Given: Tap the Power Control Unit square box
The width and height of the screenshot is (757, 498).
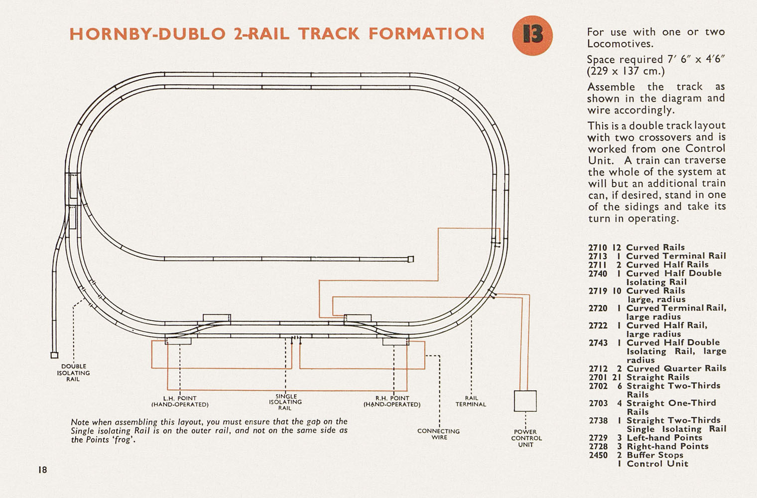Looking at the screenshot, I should pyautogui.click(x=525, y=401).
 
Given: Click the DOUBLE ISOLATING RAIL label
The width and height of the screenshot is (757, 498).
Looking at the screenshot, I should pyautogui.click(x=73, y=373).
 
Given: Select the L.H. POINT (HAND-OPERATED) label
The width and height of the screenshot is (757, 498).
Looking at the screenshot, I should pyautogui.click(x=180, y=401).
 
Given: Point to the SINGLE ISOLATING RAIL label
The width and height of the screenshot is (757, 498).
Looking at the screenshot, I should pyautogui.click(x=285, y=402).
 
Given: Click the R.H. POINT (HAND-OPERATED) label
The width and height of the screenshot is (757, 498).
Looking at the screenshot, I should pyautogui.click(x=392, y=401).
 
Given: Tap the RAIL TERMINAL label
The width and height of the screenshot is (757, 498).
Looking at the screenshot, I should pyautogui.click(x=471, y=401).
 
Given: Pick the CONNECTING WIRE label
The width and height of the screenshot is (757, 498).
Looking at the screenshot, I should pyautogui.click(x=439, y=434).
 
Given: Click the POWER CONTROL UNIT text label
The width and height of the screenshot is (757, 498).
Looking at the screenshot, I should pyautogui.click(x=526, y=438).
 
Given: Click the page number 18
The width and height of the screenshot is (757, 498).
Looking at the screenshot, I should pyautogui.click(x=42, y=470).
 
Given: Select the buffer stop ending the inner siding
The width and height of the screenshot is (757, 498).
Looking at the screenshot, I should pyautogui.click(x=411, y=259).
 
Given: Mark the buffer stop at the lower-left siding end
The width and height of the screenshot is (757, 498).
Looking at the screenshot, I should pyautogui.click(x=54, y=355).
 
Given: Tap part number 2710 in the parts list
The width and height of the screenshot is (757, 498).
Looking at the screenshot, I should pyautogui.click(x=598, y=248).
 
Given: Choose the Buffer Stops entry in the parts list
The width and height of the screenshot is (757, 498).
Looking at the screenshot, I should pyautogui.click(x=655, y=455).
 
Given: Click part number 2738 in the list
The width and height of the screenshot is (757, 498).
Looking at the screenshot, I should pyautogui.click(x=598, y=420).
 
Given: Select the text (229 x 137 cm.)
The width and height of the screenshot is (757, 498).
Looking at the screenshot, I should pyautogui.click(x=626, y=71).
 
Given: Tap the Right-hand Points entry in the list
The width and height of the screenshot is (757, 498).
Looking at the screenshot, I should pyautogui.click(x=667, y=446).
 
